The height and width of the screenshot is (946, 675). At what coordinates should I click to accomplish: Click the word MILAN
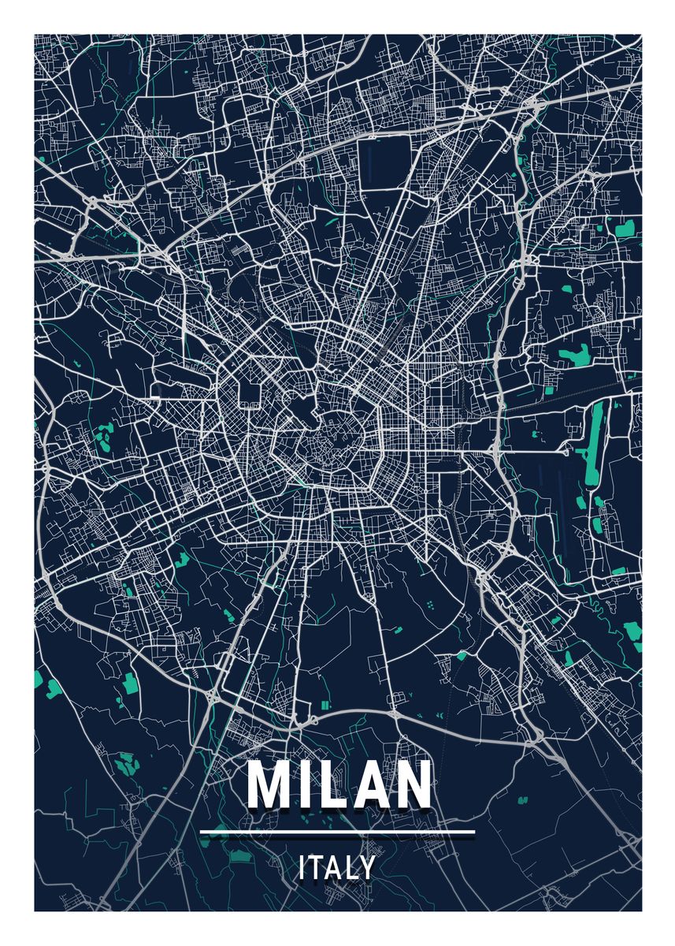pyautogui.click(x=338, y=784)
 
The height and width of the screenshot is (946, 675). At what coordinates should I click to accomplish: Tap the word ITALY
pyautogui.click(x=337, y=868)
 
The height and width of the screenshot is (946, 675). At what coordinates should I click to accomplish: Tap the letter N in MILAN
pyautogui.click(x=411, y=784)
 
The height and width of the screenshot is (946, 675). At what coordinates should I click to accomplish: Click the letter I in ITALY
pyautogui.click(x=302, y=868)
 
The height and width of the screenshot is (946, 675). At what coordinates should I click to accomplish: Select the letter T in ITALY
pyautogui.click(x=315, y=868)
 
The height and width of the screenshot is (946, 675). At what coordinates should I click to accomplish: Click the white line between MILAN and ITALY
pyautogui.click(x=338, y=831)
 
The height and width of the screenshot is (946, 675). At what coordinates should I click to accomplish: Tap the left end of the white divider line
pyautogui.click(x=202, y=831)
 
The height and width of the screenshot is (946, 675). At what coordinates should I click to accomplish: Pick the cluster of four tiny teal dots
pyautogui.click(x=432, y=605)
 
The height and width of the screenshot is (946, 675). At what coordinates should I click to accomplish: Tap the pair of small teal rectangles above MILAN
pyautogui.click(x=326, y=703)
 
